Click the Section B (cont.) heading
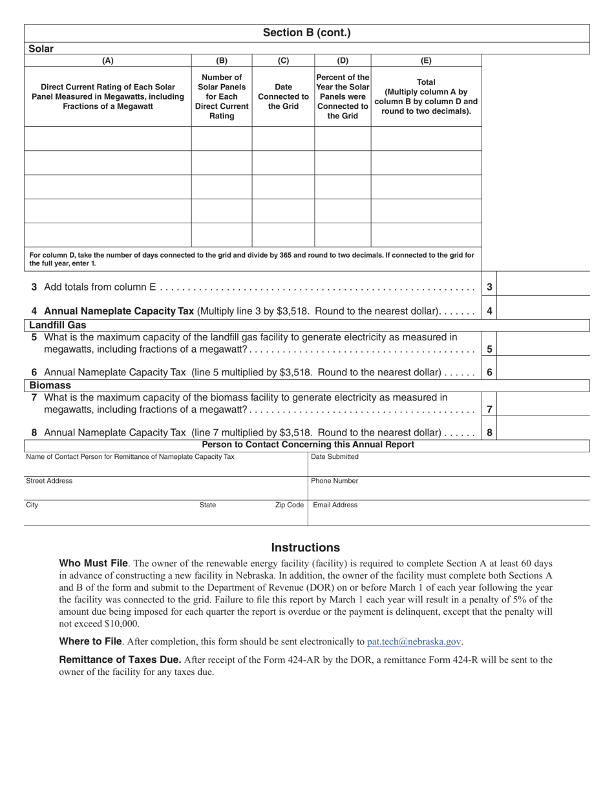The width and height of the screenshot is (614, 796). click(306, 33)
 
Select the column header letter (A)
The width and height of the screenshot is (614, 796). click(108, 61)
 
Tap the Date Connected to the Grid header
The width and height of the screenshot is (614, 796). click(283, 96)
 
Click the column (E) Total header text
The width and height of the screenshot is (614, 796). click(426, 96)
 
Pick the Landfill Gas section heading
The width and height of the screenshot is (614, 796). click(58, 325)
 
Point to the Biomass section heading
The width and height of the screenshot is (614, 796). click(50, 385)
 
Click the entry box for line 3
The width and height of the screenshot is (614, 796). click(543, 287)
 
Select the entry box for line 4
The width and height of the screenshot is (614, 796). click(543, 311)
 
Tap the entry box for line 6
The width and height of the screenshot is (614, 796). click(543, 372)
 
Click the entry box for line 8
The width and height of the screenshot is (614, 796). click(543, 432)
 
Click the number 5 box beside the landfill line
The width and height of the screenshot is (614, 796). click(490, 349)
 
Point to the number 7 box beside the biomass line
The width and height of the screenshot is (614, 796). click(490, 409)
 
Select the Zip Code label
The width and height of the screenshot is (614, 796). click(289, 505)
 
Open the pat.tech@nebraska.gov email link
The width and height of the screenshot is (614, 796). click(414, 641)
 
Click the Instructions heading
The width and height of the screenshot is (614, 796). click(305, 547)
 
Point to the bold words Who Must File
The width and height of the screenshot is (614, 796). click(93, 563)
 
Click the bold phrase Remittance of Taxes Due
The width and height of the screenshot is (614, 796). click(120, 660)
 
